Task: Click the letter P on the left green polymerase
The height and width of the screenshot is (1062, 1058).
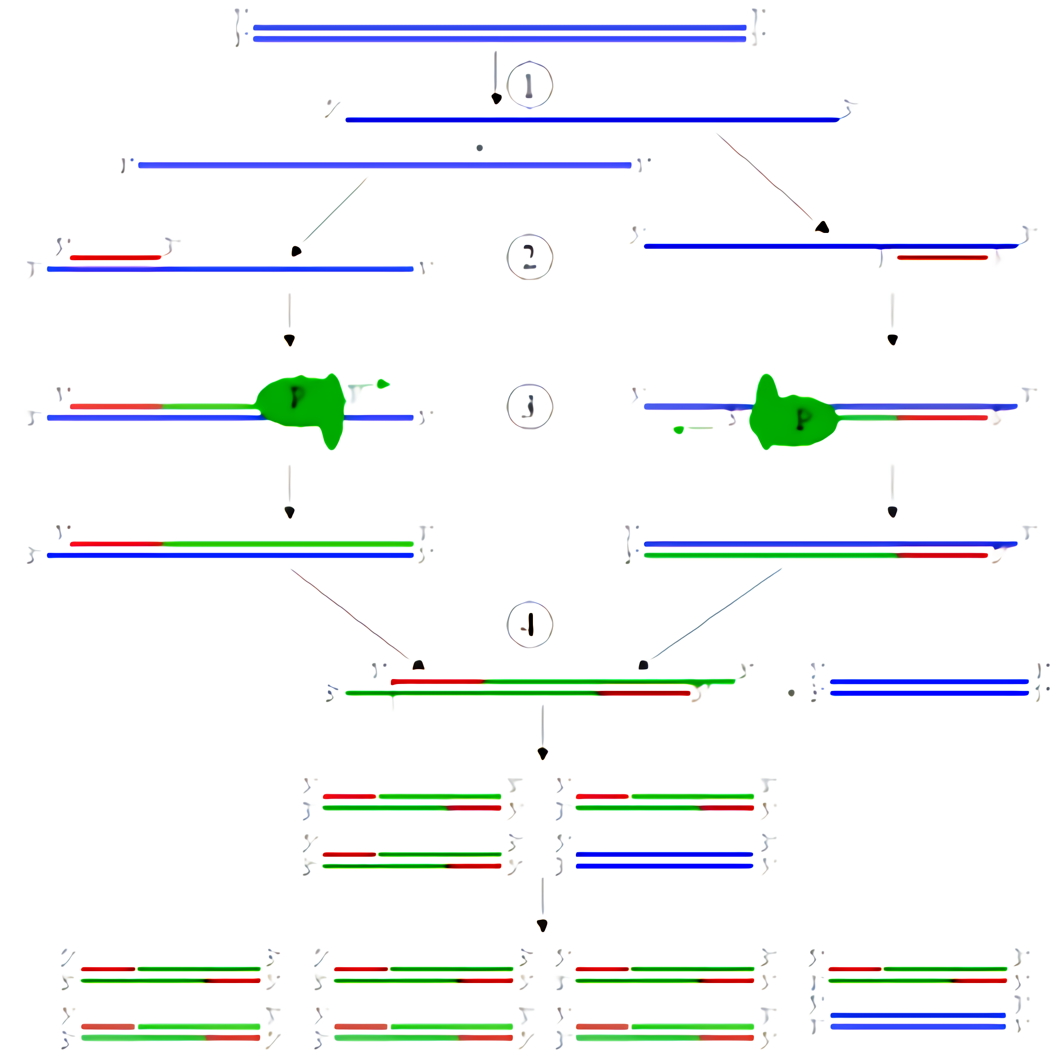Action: point(297,397)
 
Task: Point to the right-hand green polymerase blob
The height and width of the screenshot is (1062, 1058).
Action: point(792,415)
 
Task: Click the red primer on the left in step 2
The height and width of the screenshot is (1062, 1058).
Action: point(115,257)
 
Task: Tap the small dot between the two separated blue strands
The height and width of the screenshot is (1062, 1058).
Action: point(479,148)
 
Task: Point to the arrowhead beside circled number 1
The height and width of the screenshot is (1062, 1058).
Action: point(496,98)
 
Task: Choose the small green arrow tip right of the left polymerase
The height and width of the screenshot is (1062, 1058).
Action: point(383,383)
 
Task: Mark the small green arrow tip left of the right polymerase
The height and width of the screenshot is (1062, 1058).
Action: point(679,430)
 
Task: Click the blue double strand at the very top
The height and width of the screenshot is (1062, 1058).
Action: point(499,33)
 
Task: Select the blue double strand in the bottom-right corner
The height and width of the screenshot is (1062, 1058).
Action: point(917,1021)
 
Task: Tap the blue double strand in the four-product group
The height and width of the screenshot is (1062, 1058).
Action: point(664,860)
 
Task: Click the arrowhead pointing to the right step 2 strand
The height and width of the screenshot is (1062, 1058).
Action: point(822,227)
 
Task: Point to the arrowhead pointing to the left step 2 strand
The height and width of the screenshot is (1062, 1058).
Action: point(296,251)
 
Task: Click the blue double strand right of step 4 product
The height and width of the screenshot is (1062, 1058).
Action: point(929,687)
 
